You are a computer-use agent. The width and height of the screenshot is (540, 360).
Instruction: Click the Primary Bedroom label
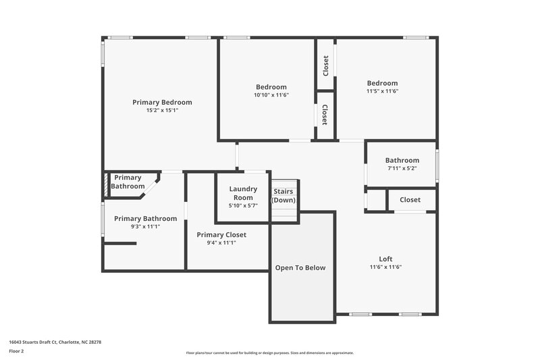tap(162, 102)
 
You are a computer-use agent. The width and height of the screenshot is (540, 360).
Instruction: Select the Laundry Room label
tap(243, 193)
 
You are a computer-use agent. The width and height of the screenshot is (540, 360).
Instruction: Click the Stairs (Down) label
tap(283, 196)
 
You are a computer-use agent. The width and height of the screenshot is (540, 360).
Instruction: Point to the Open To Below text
tap(300, 267)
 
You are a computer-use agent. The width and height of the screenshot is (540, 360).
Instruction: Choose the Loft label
tap(385, 259)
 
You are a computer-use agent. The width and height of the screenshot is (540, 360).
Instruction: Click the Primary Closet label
tap(221, 234)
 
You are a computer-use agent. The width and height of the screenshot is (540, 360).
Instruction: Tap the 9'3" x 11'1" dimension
tap(145, 226)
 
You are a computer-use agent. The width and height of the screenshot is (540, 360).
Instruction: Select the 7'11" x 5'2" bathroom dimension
tap(402, 168)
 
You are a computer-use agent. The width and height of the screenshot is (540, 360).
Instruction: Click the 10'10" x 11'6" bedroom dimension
tap(271, 95)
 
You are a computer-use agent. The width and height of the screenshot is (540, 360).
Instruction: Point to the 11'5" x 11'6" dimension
tap(382, 91)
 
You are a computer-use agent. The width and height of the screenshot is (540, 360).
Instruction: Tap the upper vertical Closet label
tap(325, 66)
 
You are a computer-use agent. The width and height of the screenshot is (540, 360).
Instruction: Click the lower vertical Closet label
tap(325, 115)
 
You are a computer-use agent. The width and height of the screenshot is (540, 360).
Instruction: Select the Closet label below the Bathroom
tap(410, 200)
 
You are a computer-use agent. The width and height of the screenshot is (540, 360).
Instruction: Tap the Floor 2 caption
tap(16, 351)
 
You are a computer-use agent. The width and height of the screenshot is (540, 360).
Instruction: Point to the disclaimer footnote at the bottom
tap(270, 353)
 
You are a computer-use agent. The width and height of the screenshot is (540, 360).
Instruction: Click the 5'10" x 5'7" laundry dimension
tap(243, 206)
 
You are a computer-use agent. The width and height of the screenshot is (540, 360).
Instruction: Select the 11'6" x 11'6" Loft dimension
tap(385, 267)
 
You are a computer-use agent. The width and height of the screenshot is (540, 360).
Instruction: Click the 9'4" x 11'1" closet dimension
tap(221, 242)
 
